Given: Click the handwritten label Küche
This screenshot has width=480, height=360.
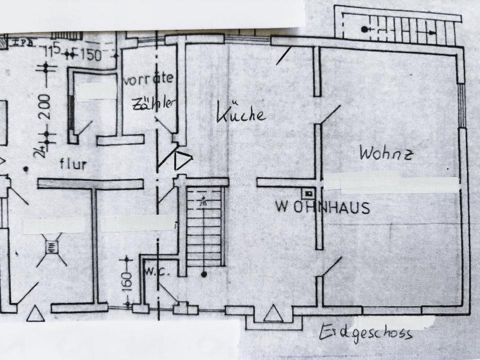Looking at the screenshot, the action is pos(240,113).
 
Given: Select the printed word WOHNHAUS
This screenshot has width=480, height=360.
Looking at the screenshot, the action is pos(322,206).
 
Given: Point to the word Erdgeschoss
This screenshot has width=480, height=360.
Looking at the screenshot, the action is pos(368,332).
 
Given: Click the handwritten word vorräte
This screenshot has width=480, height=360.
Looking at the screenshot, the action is pos(149,78).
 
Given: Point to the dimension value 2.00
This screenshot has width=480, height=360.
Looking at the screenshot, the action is pos(45,106).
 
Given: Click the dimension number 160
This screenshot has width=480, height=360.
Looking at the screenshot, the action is pos(126,283).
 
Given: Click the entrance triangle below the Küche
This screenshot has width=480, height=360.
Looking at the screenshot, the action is pos(272,313).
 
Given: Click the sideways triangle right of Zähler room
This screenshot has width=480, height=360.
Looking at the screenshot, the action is pos(182,160).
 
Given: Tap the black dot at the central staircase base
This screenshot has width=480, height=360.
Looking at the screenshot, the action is pos(204,274).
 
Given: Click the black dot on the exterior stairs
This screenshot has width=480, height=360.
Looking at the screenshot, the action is pos(364,29).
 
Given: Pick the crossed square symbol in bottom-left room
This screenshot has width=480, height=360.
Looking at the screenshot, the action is pos(51,246).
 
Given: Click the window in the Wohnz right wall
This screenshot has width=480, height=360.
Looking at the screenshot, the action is pos(462,105).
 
